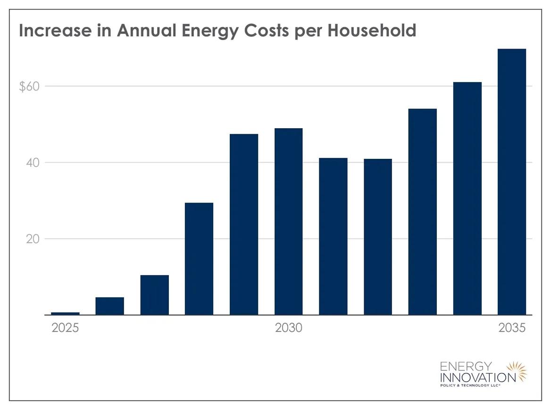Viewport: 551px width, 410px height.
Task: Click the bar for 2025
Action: click(65, 313)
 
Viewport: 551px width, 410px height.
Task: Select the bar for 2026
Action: click(109, 306)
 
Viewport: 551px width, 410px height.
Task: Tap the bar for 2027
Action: click(154, 295)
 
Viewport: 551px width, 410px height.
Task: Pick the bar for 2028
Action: click(199, 259)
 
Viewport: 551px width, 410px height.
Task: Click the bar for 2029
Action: click(244, 224)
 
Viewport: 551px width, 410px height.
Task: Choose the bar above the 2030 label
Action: click(288, 221)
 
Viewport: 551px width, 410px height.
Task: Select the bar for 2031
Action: click(333, 236)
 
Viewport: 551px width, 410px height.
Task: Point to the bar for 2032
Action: click(378, 237)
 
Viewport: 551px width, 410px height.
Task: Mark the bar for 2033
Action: click(422, 212)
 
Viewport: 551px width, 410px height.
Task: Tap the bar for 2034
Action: click(467, 198)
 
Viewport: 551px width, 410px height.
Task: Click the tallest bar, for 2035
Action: click(512, 181)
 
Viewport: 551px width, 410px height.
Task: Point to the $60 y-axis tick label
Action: click(29, 87)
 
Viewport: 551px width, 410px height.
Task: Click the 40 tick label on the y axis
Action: click(32, 163)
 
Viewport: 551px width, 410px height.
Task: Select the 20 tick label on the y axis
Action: click(32, 239)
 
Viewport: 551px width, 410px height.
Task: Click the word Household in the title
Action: click(372, 31)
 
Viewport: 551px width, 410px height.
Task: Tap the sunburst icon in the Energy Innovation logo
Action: click(516, 371)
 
